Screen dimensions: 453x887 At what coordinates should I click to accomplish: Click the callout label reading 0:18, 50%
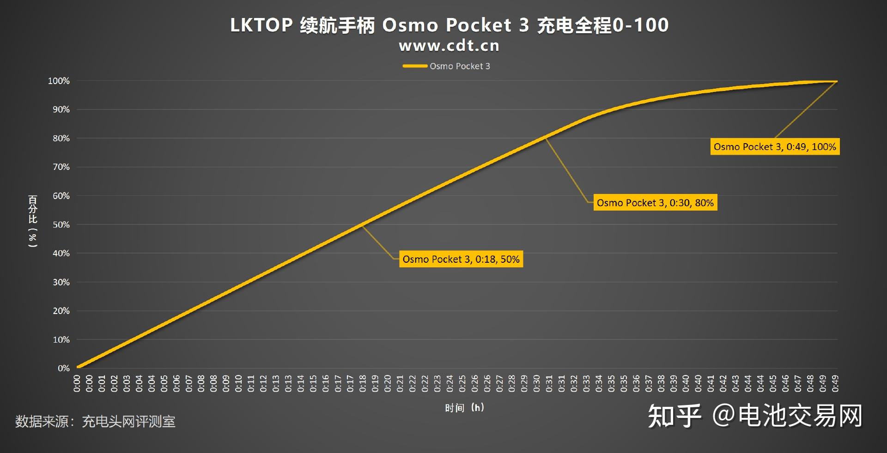(461, 259)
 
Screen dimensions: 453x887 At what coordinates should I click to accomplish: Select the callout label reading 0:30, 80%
(655, 203)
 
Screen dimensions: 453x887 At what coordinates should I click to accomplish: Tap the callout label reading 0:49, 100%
(774, 147)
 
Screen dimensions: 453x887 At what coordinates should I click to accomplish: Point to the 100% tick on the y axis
(59, 81)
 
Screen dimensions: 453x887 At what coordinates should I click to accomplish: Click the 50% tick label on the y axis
(61, 224)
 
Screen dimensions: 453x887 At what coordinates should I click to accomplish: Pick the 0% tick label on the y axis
(63, 368)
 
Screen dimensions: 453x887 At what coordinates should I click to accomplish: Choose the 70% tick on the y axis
(61, 167)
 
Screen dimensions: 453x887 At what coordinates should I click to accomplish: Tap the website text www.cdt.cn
(449, 46)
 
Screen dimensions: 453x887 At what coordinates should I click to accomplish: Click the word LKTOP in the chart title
(261, 25)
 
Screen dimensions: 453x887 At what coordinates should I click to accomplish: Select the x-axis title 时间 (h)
(464, 407)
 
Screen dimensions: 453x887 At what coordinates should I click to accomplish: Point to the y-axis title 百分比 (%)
(33, 221)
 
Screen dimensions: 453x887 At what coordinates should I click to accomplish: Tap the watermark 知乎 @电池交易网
(755, 416)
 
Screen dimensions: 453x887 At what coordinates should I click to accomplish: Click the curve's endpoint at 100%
(837, 82)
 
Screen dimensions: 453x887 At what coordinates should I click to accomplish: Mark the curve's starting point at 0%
(78, 368)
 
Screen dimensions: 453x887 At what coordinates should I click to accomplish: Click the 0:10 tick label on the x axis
(238, 383)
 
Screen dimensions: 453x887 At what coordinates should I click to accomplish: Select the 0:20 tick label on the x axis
(388, 383)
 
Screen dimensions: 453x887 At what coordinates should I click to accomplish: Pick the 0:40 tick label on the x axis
(686, 383)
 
